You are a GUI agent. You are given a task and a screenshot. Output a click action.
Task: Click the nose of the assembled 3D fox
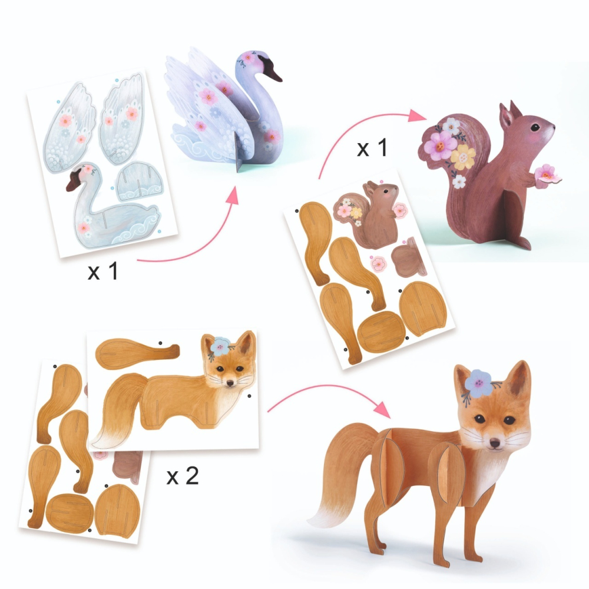(x=493, y=441)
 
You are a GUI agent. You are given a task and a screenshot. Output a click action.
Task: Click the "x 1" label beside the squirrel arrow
(x=372, y=148)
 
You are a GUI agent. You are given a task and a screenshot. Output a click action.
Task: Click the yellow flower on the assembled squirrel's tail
(x=463, y=155)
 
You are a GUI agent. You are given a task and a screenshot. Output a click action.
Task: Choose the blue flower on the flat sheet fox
(x=220, y=346)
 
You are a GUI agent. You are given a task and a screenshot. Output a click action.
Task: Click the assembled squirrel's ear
(x=507, y=115)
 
